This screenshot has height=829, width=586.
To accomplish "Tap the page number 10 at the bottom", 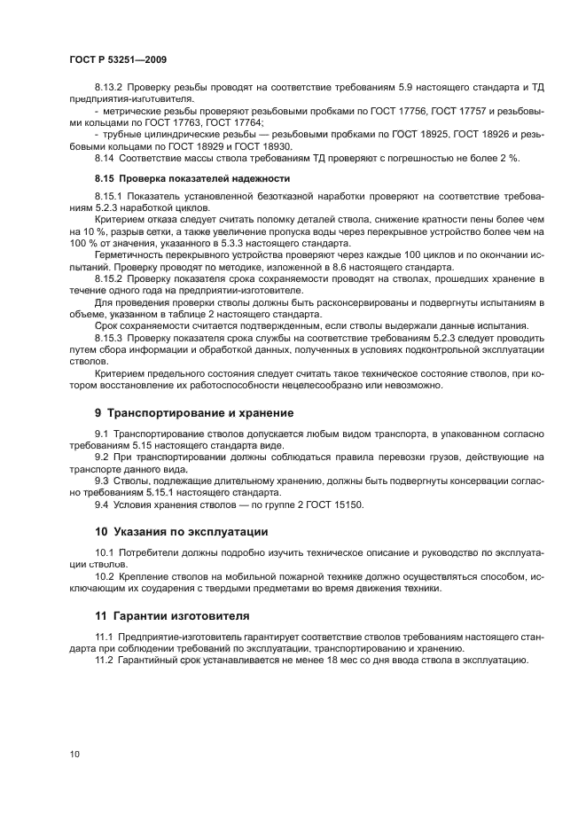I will tap(74, 754).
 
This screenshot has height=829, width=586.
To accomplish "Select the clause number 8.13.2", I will tap(111, 87).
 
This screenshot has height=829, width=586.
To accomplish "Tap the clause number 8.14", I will tap(105, 157).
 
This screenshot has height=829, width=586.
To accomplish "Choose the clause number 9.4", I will tap(102, 504).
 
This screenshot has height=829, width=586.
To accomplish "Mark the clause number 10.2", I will tap(105, 576).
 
